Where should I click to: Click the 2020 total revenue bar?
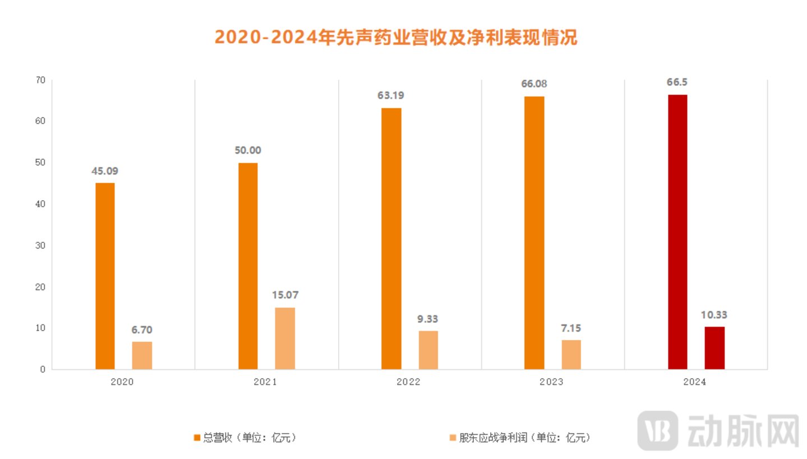pos(105,276)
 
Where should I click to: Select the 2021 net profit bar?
pos(285,338)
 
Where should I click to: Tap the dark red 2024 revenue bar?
pos(677,232)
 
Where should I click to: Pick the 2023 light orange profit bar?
pos(571,355)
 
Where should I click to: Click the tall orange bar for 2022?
pos(391,238)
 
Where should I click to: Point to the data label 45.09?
pos(105,171)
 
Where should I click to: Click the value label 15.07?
pos(285,295)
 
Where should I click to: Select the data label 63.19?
pos(390,95)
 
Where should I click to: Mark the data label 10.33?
pos(714,315)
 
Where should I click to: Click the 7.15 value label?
pos(571,328)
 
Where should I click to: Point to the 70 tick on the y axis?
pos(40,80)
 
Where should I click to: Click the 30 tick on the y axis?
pos(40,246)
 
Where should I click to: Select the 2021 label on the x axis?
pos(265,382)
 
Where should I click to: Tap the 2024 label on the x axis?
pos(694,382)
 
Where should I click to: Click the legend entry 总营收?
pos(245,437)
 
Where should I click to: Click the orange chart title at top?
pos(396,38)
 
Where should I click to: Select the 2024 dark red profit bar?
pos(714,348)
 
